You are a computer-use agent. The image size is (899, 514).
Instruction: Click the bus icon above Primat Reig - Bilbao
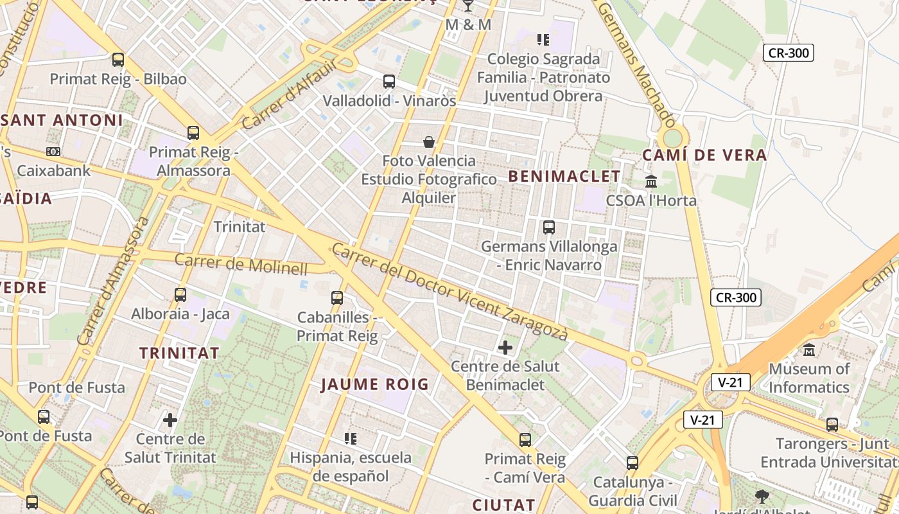(x=118, y=60)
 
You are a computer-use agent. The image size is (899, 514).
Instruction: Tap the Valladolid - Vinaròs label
(x=389, y=101)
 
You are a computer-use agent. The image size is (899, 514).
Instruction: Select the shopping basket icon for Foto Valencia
(x=429, y=141)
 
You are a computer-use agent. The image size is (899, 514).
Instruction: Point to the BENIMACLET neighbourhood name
(x=564, y=177)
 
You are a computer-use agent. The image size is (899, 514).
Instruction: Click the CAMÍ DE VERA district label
(x=704, y=155)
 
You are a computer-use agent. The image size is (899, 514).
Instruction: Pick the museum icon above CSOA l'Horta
(x=651, y=181)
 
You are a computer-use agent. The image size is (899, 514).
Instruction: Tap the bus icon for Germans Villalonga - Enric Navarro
(x=548, y=227)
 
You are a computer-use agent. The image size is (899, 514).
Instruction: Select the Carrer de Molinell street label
(x=241, y=264)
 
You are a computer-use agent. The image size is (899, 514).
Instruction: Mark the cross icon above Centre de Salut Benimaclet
(x=505, y=348)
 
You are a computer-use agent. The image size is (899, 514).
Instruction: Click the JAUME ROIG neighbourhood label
(x=374, y=385)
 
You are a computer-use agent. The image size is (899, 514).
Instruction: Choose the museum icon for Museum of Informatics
(x=809, y=350)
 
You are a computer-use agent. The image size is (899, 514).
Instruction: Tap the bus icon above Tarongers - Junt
(x=832, y=425)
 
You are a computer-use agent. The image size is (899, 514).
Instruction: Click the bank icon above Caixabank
(x=53, y=152)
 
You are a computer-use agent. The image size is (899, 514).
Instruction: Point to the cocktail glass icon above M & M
(x=468, y=6)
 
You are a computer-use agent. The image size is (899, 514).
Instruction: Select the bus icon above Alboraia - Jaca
(x=180, y=295)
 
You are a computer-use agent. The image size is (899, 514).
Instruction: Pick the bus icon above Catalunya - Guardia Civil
(x=633, y=463)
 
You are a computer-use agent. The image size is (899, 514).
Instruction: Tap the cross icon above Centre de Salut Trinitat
(x=170, y=420)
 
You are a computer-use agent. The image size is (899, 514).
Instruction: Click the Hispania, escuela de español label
(x=351, y=467)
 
